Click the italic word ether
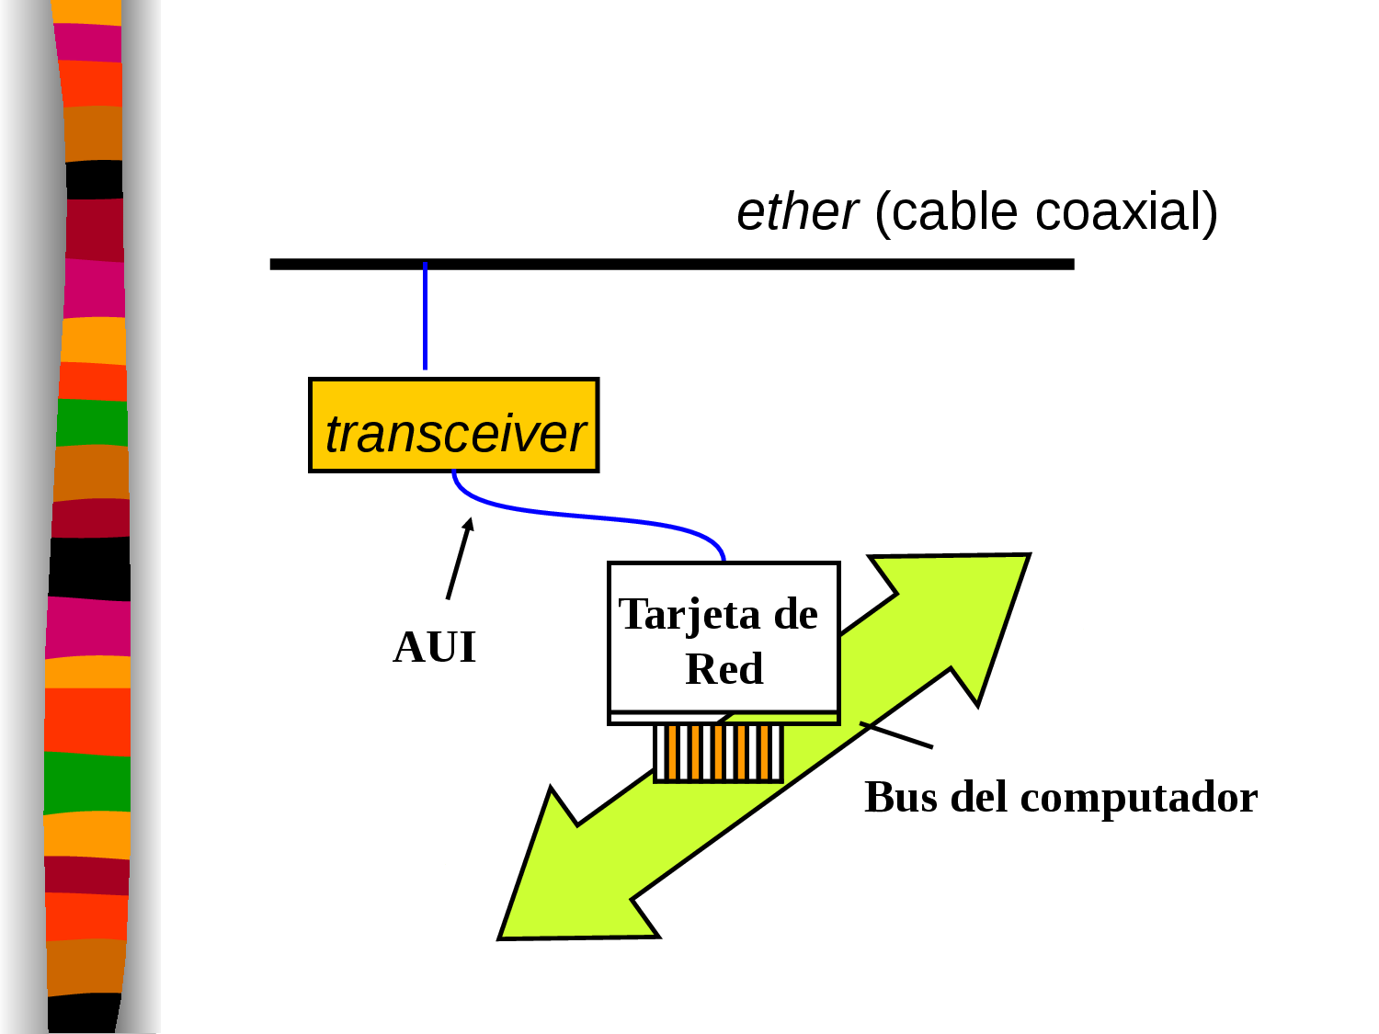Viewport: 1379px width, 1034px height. click(x=796, y=212)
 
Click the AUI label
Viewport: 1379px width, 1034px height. click(x=434, y=647)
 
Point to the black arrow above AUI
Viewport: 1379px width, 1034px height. click(x=459, y=559)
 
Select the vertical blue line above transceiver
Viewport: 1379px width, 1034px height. click(x=425, y=317)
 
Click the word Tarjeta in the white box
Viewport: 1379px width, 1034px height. click(x=689, y=614)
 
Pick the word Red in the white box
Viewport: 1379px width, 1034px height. click(x=724, y=669)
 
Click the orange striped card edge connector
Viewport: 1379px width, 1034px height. click(x=718, y=753)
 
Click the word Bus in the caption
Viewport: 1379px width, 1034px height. click(x=900, y=797)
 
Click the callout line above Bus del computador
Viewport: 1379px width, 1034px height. click(x=896, y=735)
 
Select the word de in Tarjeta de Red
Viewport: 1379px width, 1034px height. click(x=795, y=614)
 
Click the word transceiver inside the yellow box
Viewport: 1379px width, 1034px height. click(x=455, y=434)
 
